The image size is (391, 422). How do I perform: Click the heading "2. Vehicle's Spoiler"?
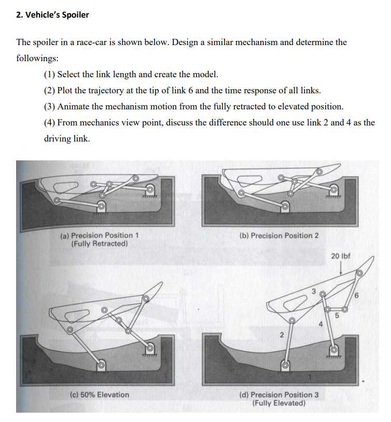click(x=52, y=15)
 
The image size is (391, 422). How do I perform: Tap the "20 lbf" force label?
click(x=340, y=256)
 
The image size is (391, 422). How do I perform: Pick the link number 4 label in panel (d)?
click(x=320, y=325)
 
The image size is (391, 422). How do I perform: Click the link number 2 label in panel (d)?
click(x=281, y=335)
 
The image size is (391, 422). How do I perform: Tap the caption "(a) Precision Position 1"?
click(x=100, y=235)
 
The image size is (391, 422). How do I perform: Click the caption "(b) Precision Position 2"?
click(x=280, y=235)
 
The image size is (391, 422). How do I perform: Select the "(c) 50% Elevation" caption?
click(x=99, y=395)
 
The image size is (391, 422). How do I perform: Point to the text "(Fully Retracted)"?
click(x=99, y=243)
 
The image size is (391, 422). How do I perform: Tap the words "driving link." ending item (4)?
click(x=67, y=139)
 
